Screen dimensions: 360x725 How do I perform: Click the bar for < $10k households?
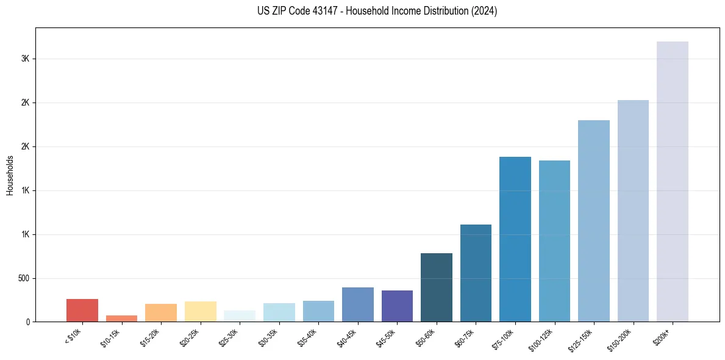pyautogui.click(x=82, y=310)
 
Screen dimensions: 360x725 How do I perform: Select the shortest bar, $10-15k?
pyautogui.click(x=121, y=319)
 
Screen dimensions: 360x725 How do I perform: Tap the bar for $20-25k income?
pyautogui.click(x=200, y=311)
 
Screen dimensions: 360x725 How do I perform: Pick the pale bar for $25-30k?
pyautogui.click(x=240, y=316)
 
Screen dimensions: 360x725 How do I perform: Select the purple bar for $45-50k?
pyautogui.click(x=397, y=306)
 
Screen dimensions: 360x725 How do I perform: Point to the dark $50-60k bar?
pyautogui.click(x=436, y=287)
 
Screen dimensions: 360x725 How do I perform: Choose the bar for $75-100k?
pyautogui.click(x=515, y=239)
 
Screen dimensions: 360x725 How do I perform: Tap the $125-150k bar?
pyautogui.click(x=593, y=221)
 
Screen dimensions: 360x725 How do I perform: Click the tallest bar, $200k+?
pyautogui.click(x=672, y=181)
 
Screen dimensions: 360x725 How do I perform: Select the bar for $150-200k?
pyautogui.click(x=633, y=211)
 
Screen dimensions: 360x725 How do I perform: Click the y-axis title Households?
pyautogui.click(x=10, y=175)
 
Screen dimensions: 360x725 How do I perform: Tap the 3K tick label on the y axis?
pyautogui.click(x=25, y=59)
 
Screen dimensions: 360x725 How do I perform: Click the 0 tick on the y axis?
pyautogui.click(x=27, y=322)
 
